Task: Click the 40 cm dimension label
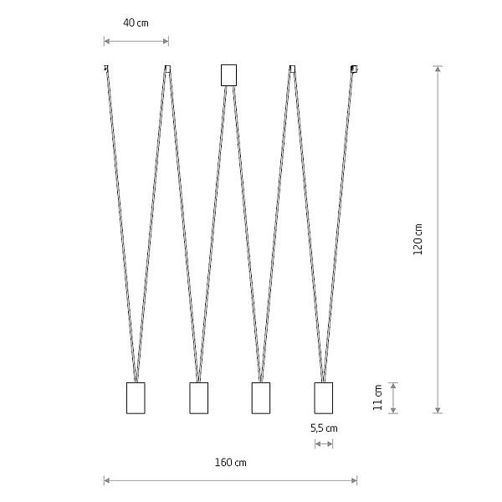(136, 23)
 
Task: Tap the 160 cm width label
(231, 463)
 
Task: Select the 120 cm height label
(417, 239)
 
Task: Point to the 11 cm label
(378, 397)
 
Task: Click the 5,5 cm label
(324, 428)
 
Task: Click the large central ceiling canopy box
(228, 75)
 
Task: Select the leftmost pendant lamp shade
(136, 398)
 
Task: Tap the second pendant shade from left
(199, 398)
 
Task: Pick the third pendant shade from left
(261, 398)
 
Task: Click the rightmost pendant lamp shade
(323, 398)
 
